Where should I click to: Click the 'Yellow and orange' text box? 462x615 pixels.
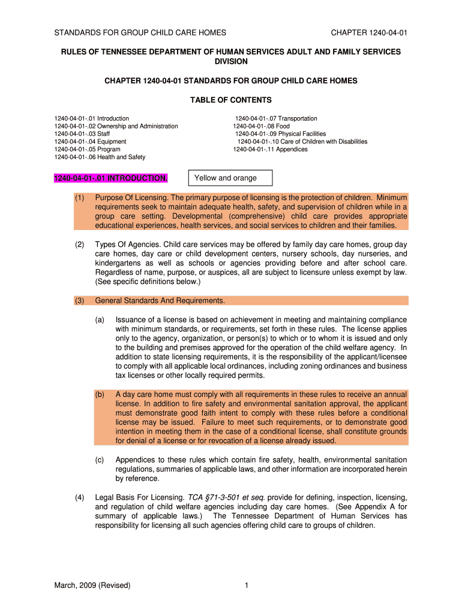tap(230, 178)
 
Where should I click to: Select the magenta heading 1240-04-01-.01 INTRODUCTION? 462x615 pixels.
tap(111, 178)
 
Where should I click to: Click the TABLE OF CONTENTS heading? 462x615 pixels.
tap(231, 100)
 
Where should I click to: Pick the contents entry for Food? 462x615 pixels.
tap(261, 126)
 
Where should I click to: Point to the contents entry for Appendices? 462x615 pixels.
tap(270, 150)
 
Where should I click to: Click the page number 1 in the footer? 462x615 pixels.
tap(247, 585)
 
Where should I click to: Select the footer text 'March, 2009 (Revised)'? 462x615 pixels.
tap(92, 585)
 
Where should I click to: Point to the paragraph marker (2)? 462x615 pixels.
tap(79, 244)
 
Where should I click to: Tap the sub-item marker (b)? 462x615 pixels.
tap(100, 395)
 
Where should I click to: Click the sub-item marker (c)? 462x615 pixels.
tap(100, 460)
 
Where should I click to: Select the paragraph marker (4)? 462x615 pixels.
tap(79, 498)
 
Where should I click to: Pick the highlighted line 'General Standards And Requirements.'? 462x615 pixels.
tap(160, 300)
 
